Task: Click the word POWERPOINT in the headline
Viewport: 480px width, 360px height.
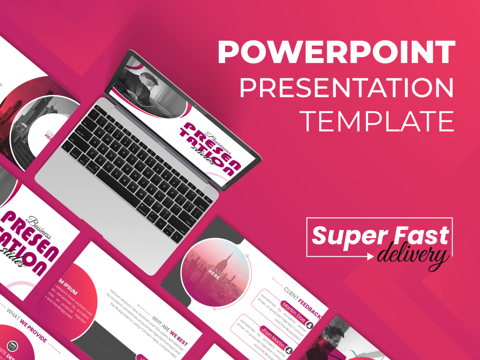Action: pos(336,51)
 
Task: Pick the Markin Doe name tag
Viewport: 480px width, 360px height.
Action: pos(293,313)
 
